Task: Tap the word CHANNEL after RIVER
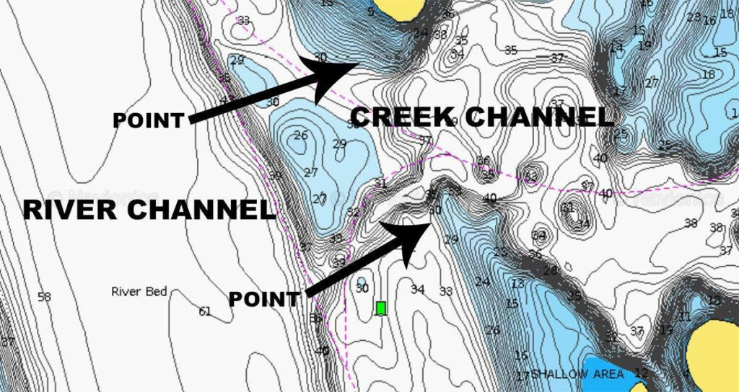tap(197, 210)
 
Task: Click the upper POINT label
tap(148, 120)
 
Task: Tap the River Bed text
tap(139, 292)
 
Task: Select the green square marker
tap(381, 308)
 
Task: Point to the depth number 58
tap(44, 297)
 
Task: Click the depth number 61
tap(205, 311)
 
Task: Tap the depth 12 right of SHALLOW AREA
tap(641, 373)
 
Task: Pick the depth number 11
tap(684, 316)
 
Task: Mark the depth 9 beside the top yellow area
tap(371, 12)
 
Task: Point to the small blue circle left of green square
tap(361, 281)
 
